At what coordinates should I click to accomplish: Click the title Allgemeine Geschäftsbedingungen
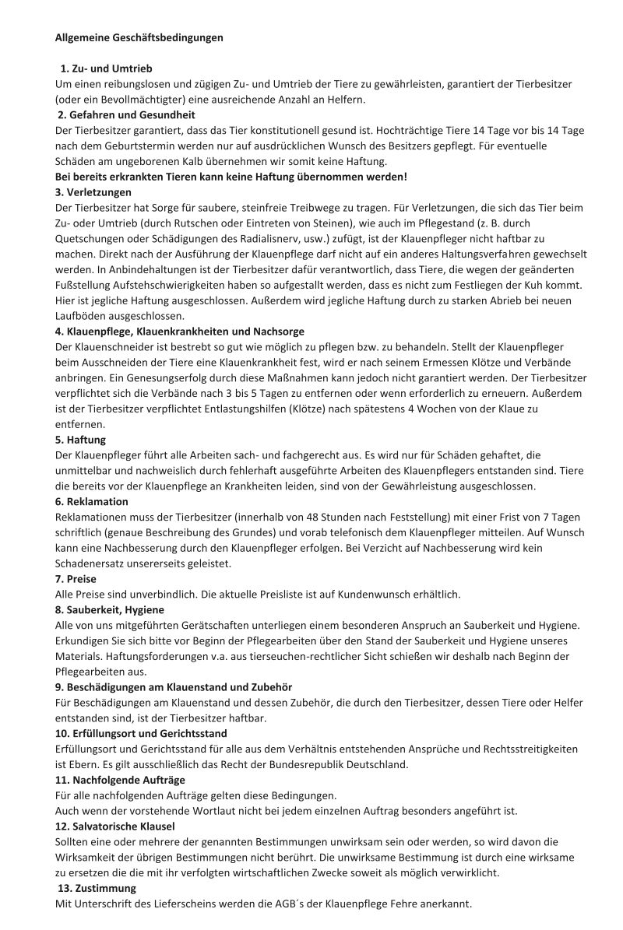click(139, 37)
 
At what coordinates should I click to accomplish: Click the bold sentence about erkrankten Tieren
click(231, 177)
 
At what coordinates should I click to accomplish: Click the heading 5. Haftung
click(81, 439)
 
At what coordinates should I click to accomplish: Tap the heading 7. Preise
click(76, 578)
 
